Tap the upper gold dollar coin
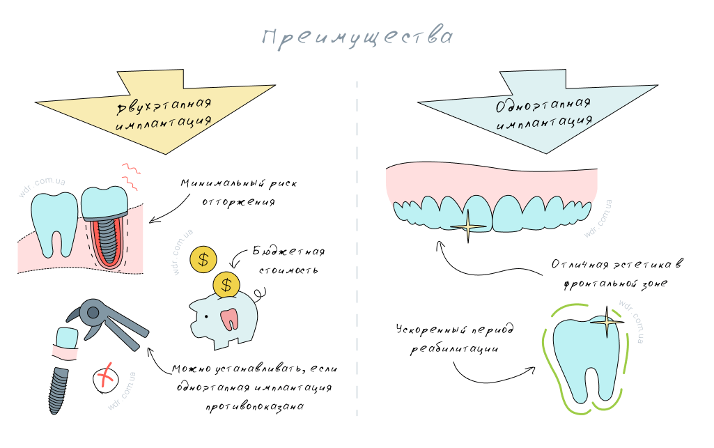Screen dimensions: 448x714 point(203,260)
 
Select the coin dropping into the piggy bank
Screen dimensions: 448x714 point(226,284)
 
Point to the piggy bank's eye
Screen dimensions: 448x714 point(206,317)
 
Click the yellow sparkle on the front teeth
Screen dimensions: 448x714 point(468,226)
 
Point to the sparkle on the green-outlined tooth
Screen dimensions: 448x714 point(607,322)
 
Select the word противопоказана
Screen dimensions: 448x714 point(254,406)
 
